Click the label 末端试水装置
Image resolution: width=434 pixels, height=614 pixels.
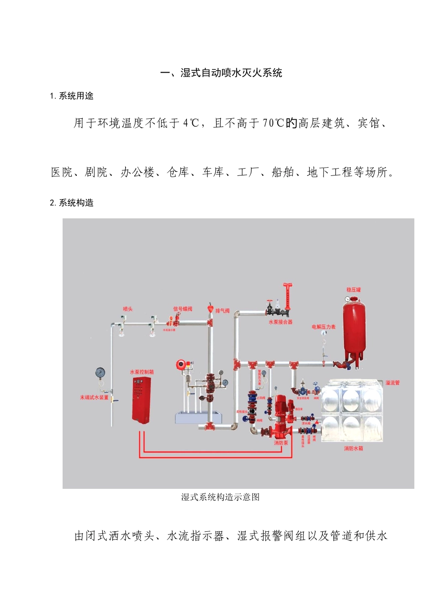pyautogui.click(x=94, y=397)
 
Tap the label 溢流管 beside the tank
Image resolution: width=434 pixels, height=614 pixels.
pyautogui.click(x=392, y=383)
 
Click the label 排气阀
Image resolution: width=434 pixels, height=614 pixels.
pyautogui.click(x=222, y=311)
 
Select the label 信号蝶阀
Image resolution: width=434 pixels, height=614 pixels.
pyautogui.click(x=183, y=309)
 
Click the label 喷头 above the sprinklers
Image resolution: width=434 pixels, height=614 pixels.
pyautogui.click(x=128, y=309)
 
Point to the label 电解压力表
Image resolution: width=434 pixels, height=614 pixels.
pyautogui.click(x=323, y=327)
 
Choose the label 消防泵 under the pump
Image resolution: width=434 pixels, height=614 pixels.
pyautogui.click(x=281, y=443)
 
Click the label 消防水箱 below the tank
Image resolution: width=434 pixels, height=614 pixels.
pyautogui.click(x=353, y=449)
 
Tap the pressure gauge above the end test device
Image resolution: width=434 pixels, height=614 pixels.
pyautogui.click(x=101, y=373)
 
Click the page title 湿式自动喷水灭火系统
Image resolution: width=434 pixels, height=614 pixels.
pyautogui.click(x=221, y=73)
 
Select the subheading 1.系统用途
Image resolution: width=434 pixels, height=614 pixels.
pyautogui.click(x=72, y=96)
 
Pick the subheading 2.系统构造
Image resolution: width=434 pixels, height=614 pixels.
pyautogui.click(x=72, y=203)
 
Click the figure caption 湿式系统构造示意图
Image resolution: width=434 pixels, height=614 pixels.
pyautogui.click(x=220, y=497)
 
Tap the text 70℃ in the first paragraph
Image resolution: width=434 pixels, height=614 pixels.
pyautogui.click(x=274, y=123)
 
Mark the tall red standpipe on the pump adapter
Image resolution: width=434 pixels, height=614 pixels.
pyautogui.click(x=288, y=297)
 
